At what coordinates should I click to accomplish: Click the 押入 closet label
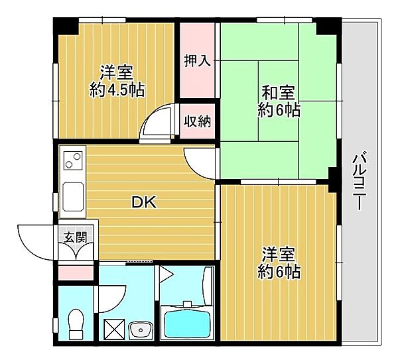198,61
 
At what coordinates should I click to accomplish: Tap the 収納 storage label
197,121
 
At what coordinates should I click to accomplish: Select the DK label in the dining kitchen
144,202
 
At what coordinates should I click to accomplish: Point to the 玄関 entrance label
75,237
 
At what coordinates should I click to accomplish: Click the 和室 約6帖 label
279,101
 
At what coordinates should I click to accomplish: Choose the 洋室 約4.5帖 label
117,81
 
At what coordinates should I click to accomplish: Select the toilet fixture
76,324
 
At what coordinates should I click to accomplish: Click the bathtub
187,322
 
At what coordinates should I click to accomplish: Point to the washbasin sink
140,330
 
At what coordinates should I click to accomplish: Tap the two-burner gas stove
73,160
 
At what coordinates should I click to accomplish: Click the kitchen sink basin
73,197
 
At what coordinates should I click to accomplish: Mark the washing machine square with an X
114,330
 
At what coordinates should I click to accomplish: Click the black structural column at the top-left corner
64,26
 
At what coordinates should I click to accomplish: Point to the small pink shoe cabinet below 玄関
76,272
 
